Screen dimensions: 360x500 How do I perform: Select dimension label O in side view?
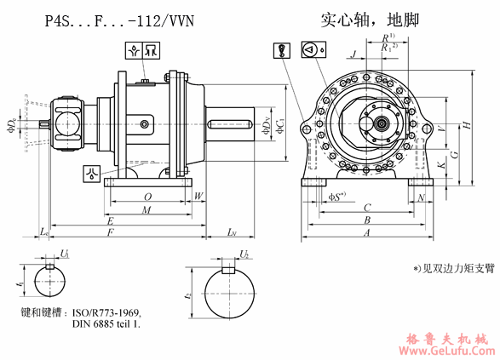click(x=148, y=197)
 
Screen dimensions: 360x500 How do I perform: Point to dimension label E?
click(x=111, y=220)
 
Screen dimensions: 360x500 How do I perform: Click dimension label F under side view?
click(x=111, y=231)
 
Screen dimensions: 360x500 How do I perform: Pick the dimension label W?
click(x=198, y=197)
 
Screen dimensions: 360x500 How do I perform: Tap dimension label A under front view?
click(x=366, y=231)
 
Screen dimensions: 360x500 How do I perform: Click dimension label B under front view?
click(x=366, y=220)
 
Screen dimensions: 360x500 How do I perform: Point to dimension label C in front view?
click(x=366, y=207)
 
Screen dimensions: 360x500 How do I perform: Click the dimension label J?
click(x=353, y=53)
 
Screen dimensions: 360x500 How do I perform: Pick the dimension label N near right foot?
click(x=422, y=197)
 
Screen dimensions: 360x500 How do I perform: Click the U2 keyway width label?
click(x=244, y=254)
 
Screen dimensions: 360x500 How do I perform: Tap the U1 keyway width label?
click(x=65, y=254)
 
